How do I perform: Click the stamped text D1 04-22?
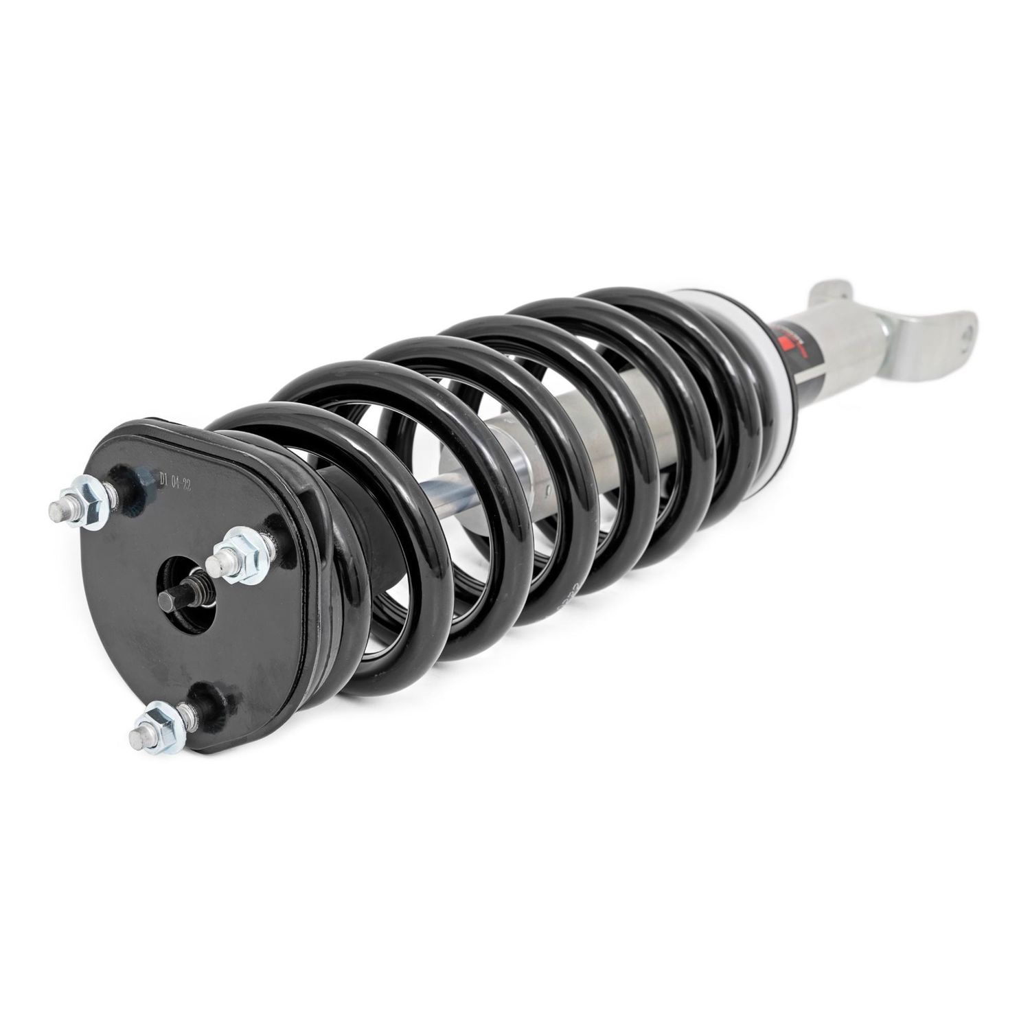174,479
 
